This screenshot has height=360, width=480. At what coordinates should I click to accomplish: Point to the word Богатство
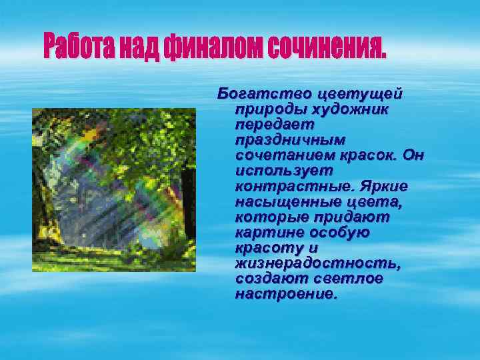tap(265, 93)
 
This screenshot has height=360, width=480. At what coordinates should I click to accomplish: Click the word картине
tap(268, 232)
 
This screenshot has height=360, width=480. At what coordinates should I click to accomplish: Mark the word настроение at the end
tap(286, 294)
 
